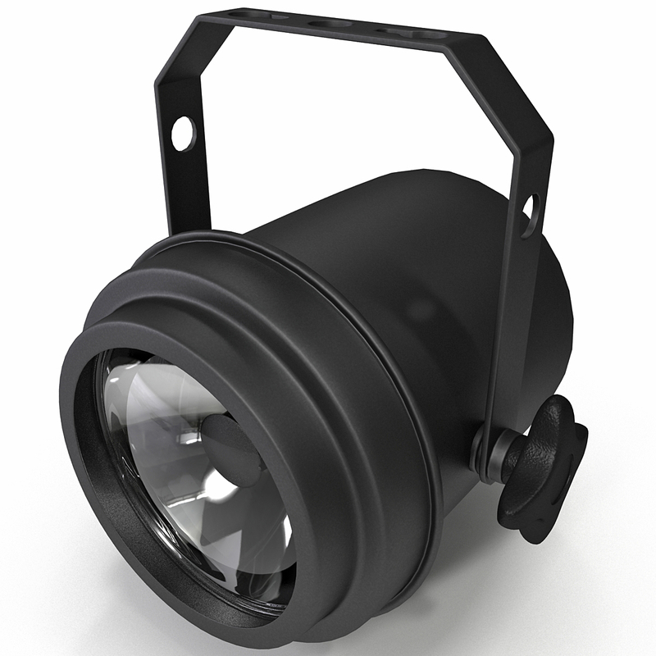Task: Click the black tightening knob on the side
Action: pos(541,467)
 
